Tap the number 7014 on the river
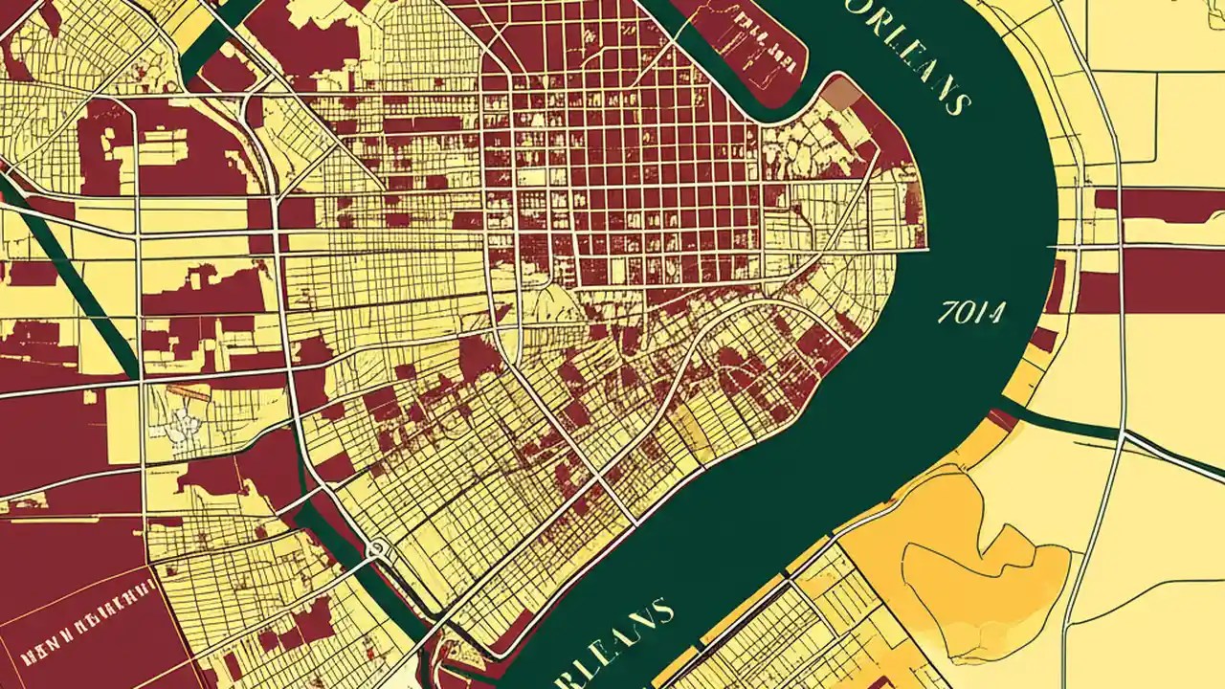tap(972, 313)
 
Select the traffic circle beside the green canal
tap(378, 548)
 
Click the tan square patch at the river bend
tap(841, 94)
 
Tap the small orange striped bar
tap(188, 392)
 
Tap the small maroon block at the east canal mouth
tap(1005, 418)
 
